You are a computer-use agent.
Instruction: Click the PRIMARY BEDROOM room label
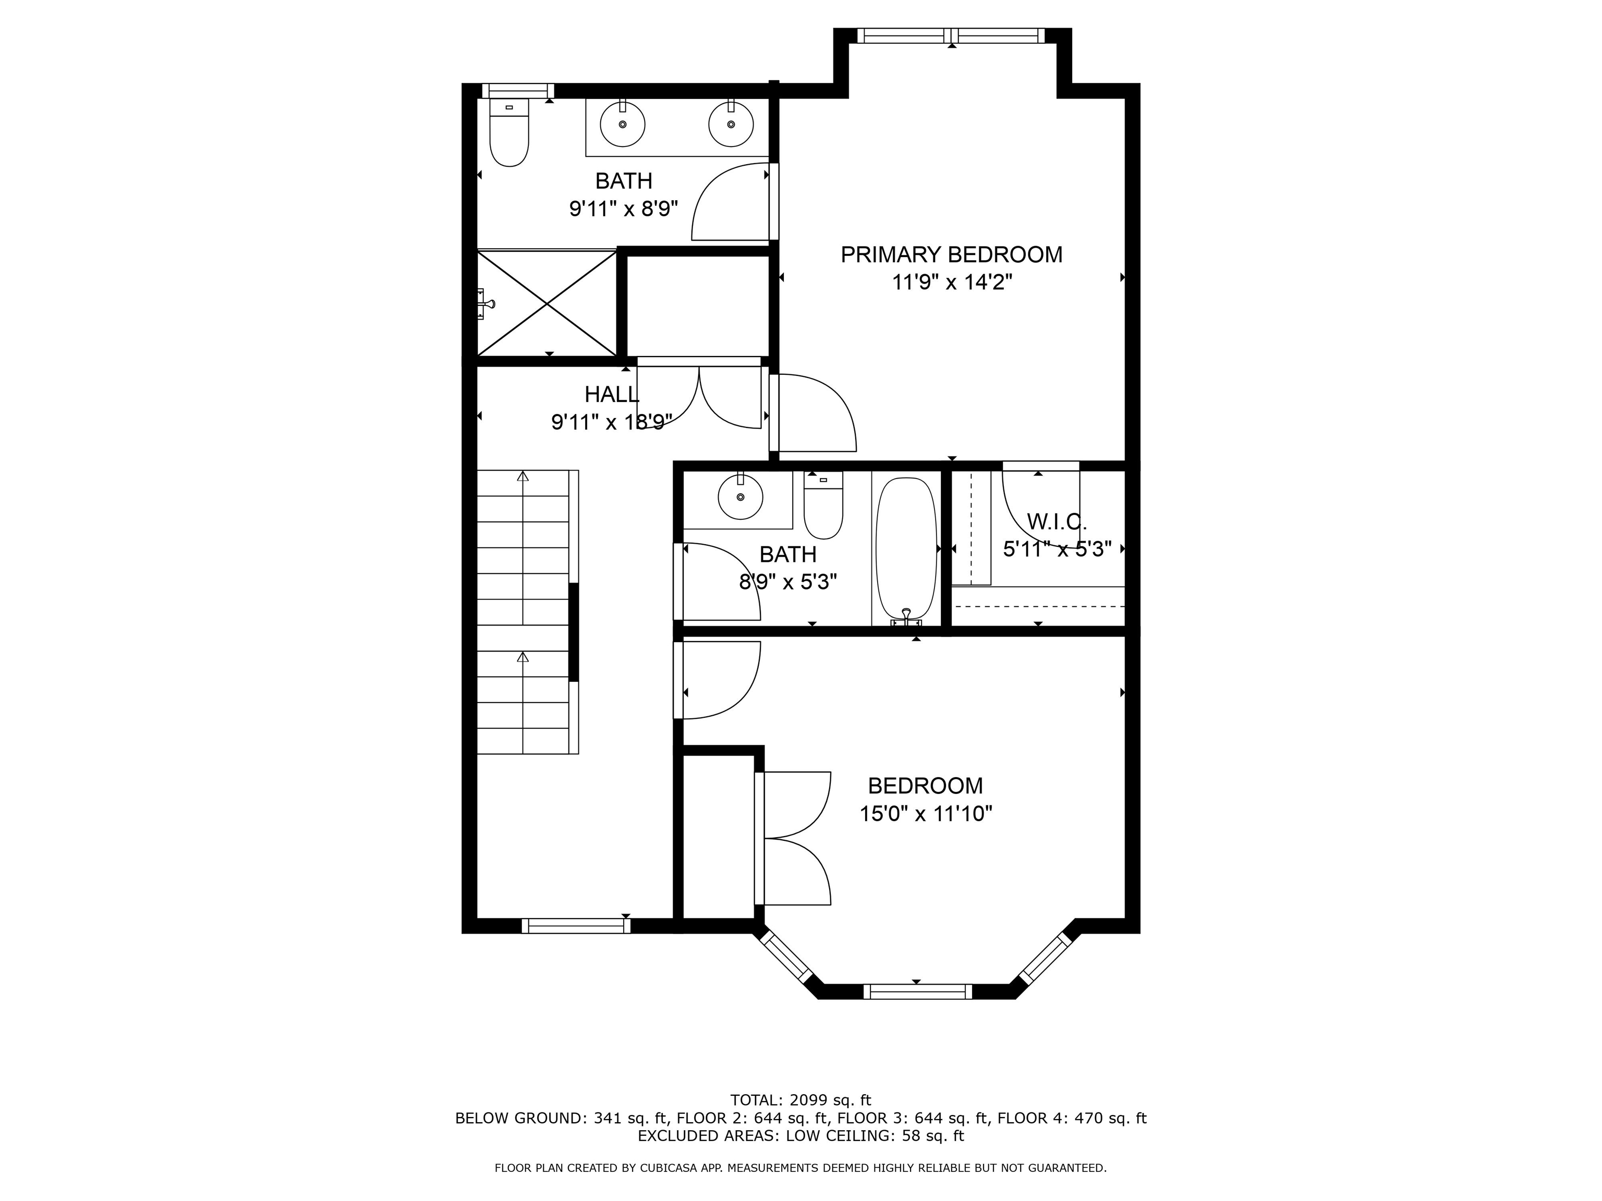click(951, 255)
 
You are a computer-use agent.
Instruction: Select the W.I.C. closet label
click(1057, 521)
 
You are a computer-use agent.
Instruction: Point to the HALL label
click(612, 395)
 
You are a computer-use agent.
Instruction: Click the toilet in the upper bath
click(509, 134)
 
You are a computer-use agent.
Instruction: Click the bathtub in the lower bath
click(906, 549)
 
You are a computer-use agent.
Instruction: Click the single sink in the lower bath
click(740, 497)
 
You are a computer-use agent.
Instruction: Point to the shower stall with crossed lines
click(547, 303)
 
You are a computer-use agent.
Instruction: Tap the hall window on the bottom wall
click(576, 926)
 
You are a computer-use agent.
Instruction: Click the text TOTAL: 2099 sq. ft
click(800, 1100)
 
